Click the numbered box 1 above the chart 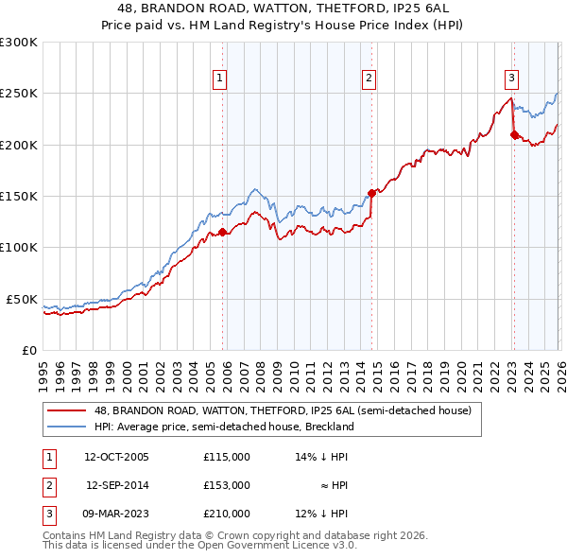click(x=219, y=78)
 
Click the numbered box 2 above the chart click(x=369, y=78)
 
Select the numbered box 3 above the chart click(x=510, y=78)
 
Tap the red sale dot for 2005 click(x=223, y=232)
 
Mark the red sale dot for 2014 click(x=371, y=193)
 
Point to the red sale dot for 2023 click(x=514, y=134)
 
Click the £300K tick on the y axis click(x=19, y=43)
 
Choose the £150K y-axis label click(x=19, y=197)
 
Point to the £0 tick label click(x=28, y=350)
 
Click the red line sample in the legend click(x=67, y=410)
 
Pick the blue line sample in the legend click(x=67, y=427)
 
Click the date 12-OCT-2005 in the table click(x=116, y=457)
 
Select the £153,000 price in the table click(x=227, y=485)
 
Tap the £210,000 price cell click(x=227, y=514)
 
